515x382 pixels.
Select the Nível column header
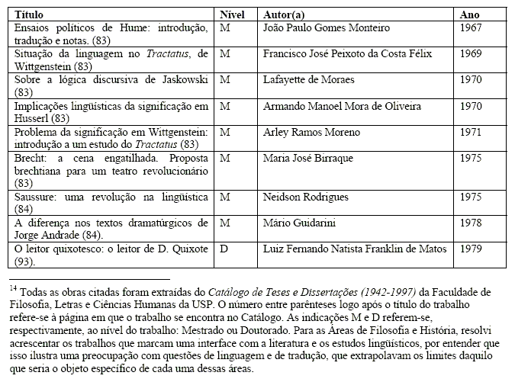click(231, 14)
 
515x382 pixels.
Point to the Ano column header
click(471, 14)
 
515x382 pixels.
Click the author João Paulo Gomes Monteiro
click(326, 28)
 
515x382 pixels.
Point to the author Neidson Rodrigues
click(311, 197)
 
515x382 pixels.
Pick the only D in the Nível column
click(223, 249)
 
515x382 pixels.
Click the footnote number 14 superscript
click(13, 287)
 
